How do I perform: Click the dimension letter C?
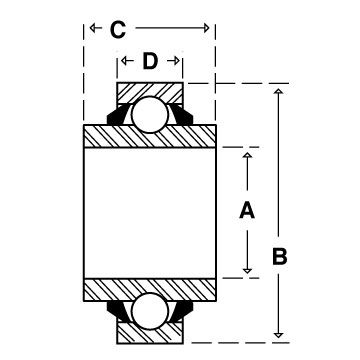click(x=118, y=30)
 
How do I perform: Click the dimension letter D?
click(x=150, y=61)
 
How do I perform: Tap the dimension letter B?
click(x=279, y=257)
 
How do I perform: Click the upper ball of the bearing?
click(x=149, y=114)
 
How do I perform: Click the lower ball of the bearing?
click(x=149, y=312)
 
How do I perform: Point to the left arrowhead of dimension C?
click(x=93, y=28)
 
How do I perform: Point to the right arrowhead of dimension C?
click(x=206, y=28)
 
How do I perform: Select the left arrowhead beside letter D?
click(x=124, y=61)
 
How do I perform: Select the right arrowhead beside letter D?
click(x=177, y=61)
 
